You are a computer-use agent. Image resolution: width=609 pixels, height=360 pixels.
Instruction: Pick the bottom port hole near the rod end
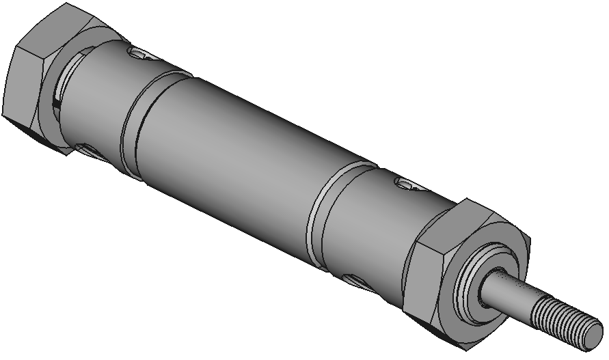[355, 279]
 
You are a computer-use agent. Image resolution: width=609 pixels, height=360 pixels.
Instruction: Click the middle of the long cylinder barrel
[232, 164]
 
